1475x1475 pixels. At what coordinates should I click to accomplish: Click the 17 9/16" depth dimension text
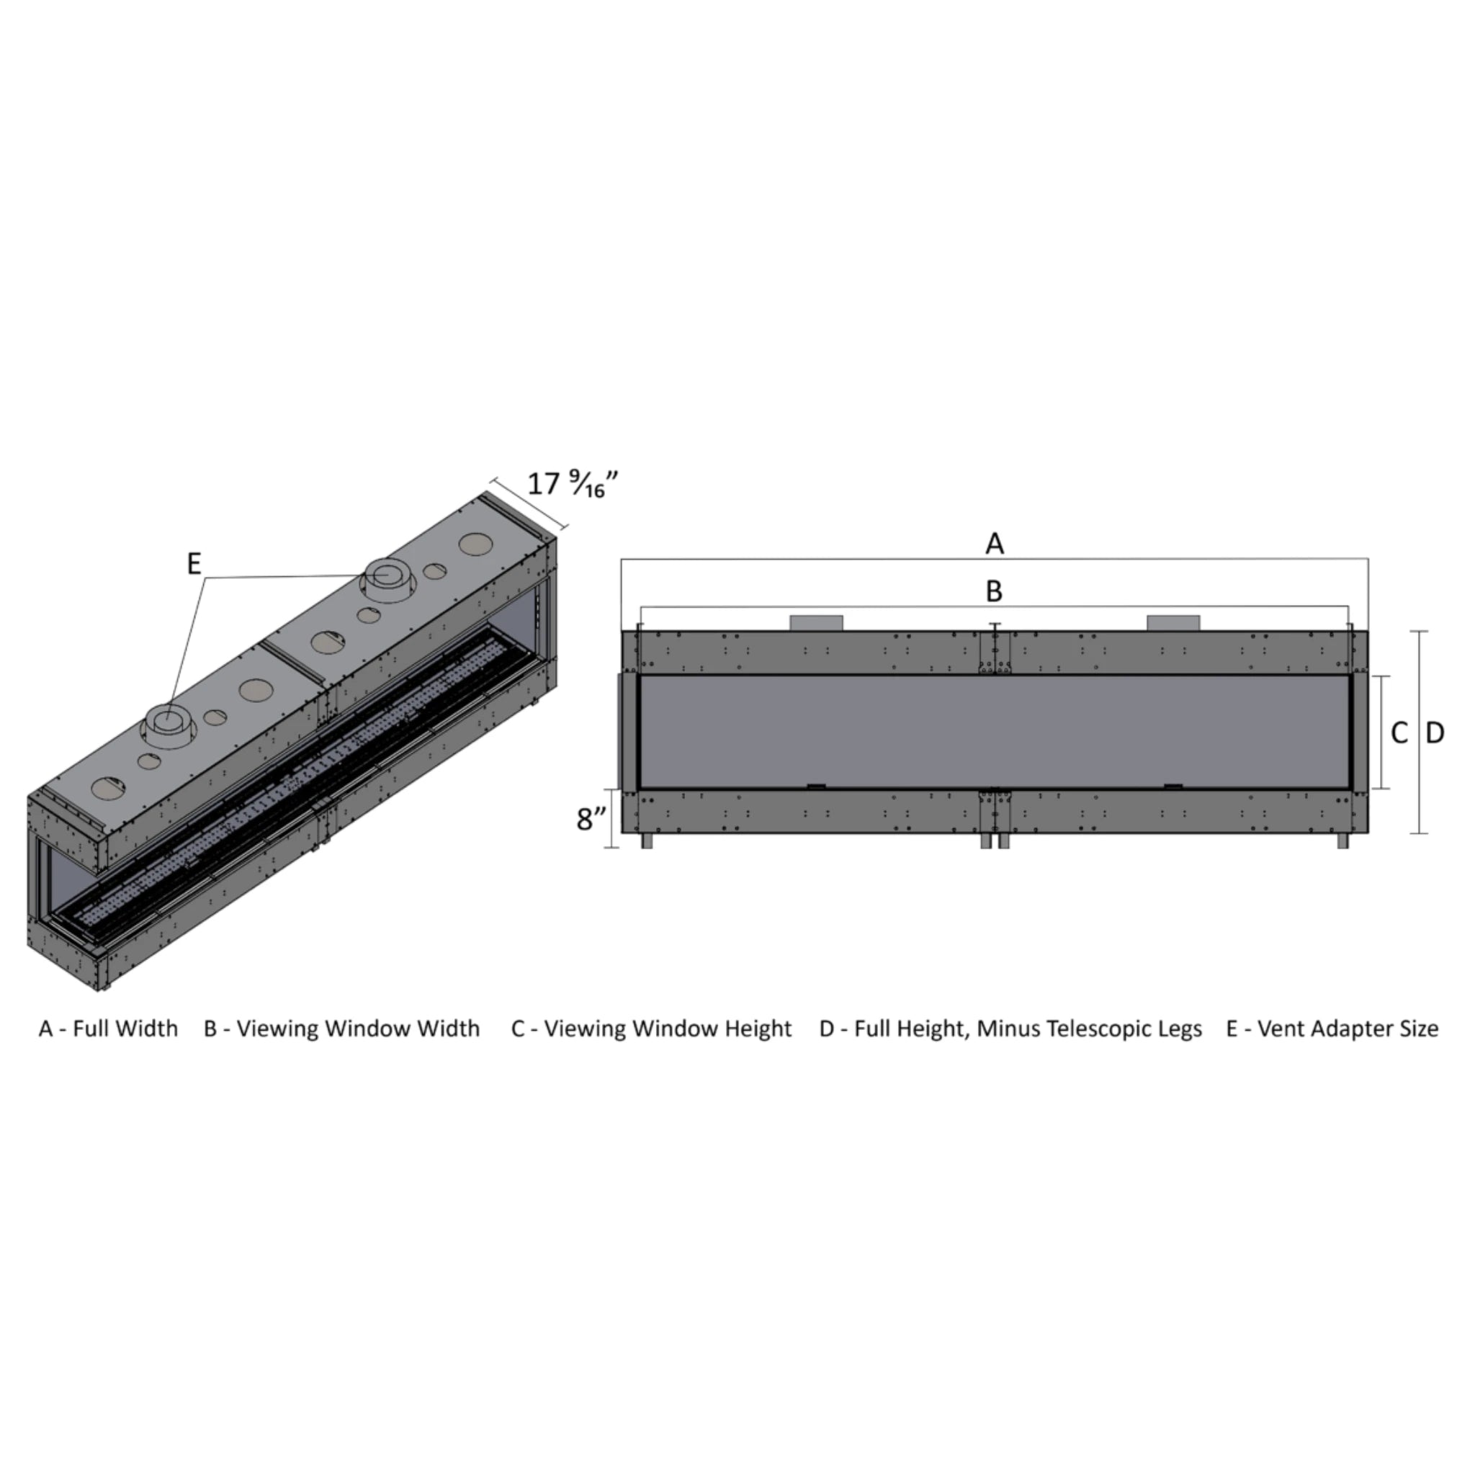[x=573, y=484]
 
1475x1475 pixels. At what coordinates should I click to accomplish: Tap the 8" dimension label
[x=592, y=819]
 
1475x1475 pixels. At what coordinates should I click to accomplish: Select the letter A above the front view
[x=994, y=544]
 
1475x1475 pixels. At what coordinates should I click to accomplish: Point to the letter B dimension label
[x=993, y=591]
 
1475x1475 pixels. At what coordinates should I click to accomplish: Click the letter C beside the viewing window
[x=1399, y=734]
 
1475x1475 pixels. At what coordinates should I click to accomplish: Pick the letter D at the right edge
[x=1435, y=734]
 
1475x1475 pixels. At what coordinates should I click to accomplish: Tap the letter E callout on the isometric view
[x=194, y=564]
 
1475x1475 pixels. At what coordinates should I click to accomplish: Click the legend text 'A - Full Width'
[x=109, y=1028]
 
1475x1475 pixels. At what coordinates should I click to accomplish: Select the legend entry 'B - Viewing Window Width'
[x=342, y=1028]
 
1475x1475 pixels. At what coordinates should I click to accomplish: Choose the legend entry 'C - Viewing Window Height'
[x=651, y=1029]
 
